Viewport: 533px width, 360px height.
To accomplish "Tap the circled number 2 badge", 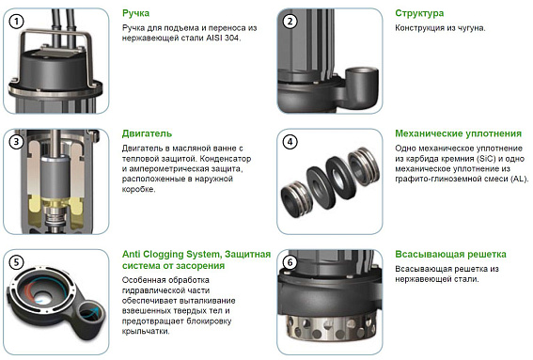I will click(290, 21).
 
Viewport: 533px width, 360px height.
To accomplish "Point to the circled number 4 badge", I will click(290, 142).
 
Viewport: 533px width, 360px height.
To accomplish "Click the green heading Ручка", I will click(136, 14).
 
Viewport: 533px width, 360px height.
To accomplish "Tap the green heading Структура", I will click(420, 14).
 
